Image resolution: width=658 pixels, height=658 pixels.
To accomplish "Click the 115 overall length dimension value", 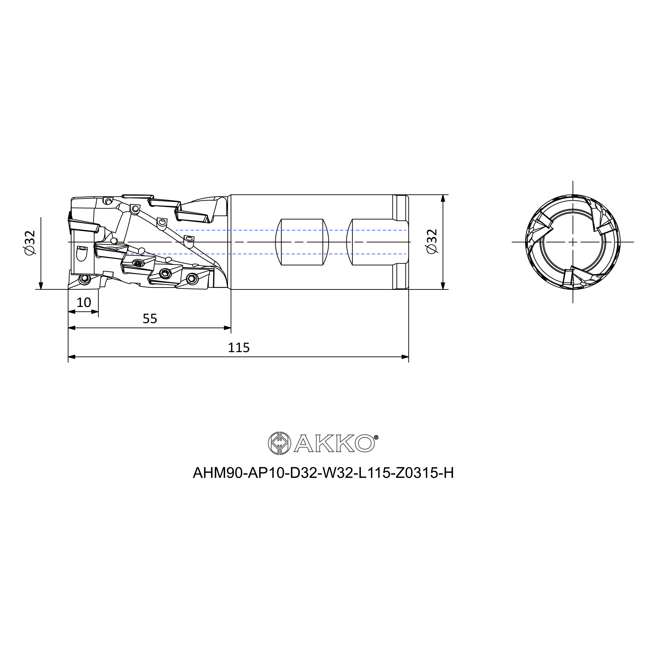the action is pyautogui.click(x=239, y=348).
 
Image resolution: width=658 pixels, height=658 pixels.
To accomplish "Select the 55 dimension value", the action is pyautogui.click(x=150, y=319).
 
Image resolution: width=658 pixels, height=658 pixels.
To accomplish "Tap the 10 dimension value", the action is pyautogui.click(x=84, y=302).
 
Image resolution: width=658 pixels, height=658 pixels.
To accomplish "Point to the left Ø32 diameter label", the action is pyautogui.click(x=30, y=242).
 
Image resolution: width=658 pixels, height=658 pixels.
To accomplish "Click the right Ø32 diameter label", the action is pyautogui.click(x=432, y=241).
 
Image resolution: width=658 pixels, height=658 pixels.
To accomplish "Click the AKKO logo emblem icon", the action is pyautogui.click(x=280, y=443).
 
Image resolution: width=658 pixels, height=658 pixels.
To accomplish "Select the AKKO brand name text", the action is pyautogui.click(x=334, y=444).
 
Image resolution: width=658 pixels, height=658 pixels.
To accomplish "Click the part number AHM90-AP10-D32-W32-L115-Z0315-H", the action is pyautogui.click(x=323, y=473).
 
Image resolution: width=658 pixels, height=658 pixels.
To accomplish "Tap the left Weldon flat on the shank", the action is pyautogui.click(x=302, y=242).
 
